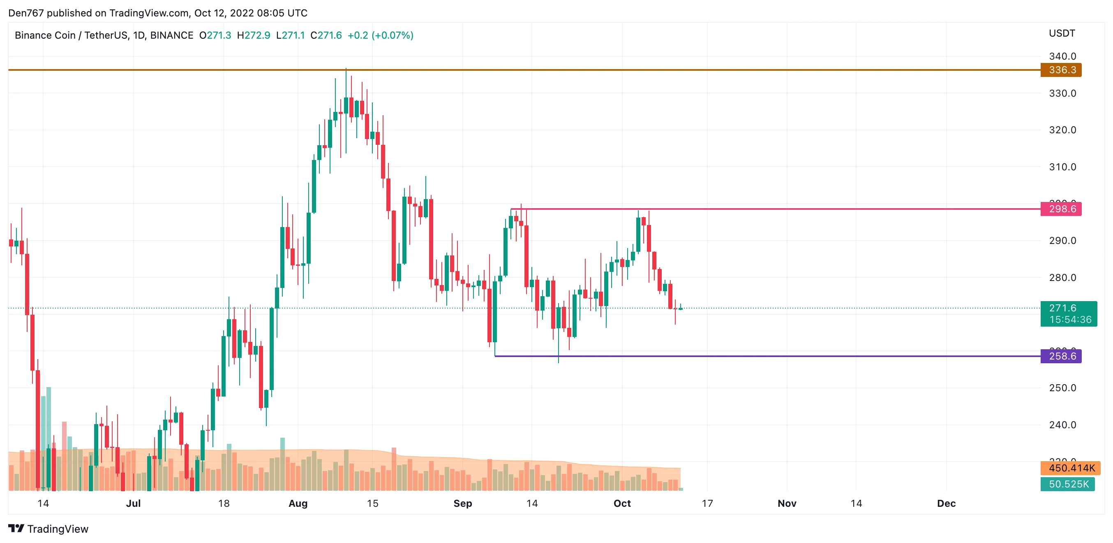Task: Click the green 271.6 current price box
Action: tap(1068, 313)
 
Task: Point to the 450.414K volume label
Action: tap(1070, 468)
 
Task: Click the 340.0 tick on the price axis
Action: tap(1062, 56)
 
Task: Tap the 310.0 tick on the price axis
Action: tap(1062, 167)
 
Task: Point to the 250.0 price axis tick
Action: tap(1062, 388)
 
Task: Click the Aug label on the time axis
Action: tap(298, 503)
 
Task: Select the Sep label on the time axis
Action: tap(463, 503)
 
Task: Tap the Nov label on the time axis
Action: tap(787, 503)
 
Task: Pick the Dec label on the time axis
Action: tap(946, 503)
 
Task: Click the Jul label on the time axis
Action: tap(134, 503)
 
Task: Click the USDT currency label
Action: tap(1062, 33)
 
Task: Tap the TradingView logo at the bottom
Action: tap(48, 529)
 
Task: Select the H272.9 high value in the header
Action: tap(254, 35)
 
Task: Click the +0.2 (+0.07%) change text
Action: tap(380, 35)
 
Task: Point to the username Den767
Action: tap(26, 13)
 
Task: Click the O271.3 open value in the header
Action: tap(215, 35)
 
